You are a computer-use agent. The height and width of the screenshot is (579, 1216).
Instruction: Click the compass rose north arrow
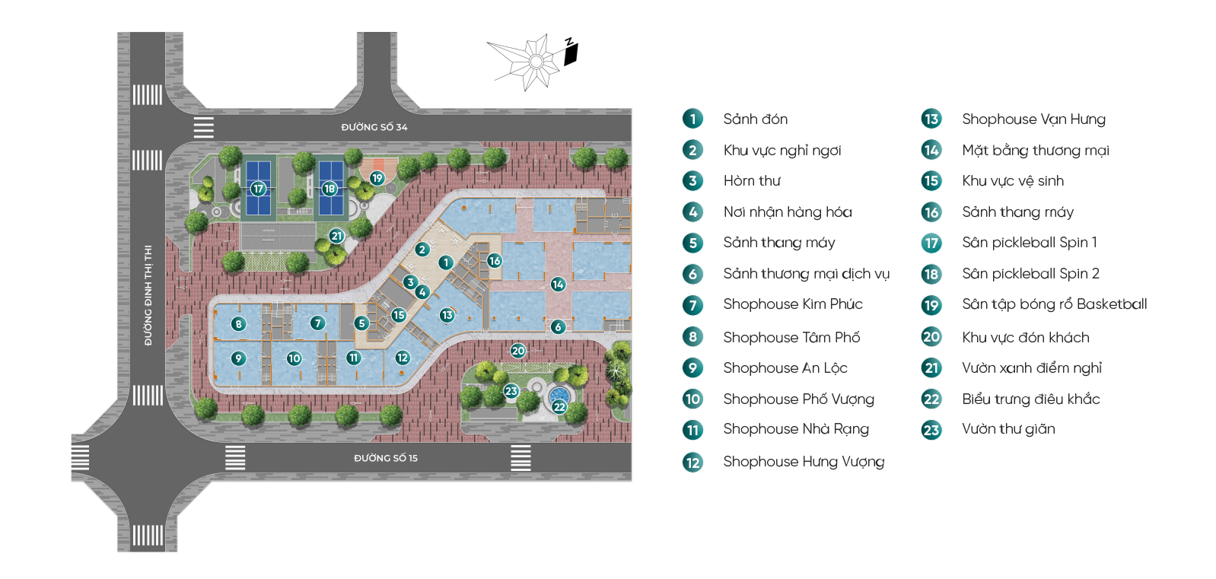(536, 62)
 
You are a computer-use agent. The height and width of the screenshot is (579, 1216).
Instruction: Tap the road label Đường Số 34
(374, 127)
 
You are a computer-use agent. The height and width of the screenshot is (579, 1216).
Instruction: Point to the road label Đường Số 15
(385, 458)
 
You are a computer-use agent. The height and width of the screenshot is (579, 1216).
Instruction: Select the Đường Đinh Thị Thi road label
(148, 295)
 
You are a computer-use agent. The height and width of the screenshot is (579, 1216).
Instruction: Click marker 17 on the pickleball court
(258, 189)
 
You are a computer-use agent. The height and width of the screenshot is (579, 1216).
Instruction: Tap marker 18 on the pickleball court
(329, 189)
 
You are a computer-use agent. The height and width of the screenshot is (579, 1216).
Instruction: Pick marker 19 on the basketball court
(377, 178)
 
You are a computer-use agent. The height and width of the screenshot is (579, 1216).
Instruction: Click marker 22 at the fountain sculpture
(559, 407)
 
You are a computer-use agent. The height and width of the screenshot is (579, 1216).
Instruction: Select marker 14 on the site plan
(558, 285)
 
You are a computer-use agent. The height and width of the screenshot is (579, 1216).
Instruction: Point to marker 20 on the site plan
(518, 351)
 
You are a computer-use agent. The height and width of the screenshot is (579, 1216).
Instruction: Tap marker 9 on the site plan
(238, 358)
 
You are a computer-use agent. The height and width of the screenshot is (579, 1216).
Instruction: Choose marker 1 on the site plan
(446, 262)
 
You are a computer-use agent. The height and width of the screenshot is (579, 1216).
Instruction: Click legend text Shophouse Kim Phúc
(793, 304)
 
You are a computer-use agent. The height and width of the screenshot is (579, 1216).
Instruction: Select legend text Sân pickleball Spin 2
(1030, 274)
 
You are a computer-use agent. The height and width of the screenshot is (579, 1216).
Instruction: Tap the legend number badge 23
(931, 430)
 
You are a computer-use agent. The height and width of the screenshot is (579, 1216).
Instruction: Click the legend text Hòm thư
(752, 181)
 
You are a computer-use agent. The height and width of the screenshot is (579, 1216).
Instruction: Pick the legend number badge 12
(692, 462)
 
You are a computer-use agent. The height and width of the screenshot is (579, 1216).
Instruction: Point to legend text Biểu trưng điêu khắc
(1030, 399)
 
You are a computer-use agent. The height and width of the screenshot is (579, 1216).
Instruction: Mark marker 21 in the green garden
(336, 237)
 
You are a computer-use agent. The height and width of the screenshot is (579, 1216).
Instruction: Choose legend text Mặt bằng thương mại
(1035, 151)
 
